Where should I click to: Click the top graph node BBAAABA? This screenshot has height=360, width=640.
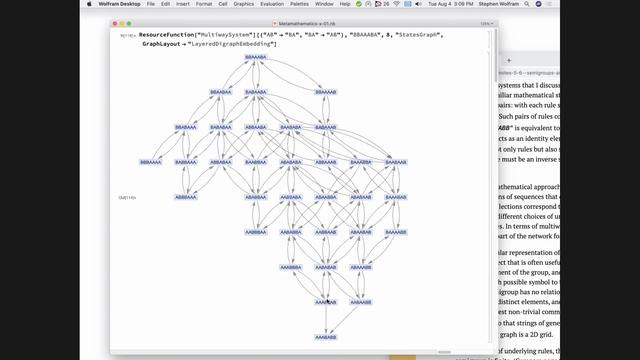256,57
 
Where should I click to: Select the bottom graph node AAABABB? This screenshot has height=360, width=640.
326,337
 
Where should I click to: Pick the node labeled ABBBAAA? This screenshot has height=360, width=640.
187,197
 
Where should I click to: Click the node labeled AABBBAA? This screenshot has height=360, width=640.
256,231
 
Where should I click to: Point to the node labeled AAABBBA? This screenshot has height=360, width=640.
291,267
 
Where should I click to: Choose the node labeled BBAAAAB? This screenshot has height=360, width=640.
326,92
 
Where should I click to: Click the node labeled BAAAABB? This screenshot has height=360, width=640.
395,197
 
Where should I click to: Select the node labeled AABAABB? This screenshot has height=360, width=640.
361,231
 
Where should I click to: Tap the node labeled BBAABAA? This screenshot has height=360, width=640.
221,92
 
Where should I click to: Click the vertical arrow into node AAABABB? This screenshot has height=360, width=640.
326,320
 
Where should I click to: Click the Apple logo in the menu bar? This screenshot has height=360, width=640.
9,4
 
